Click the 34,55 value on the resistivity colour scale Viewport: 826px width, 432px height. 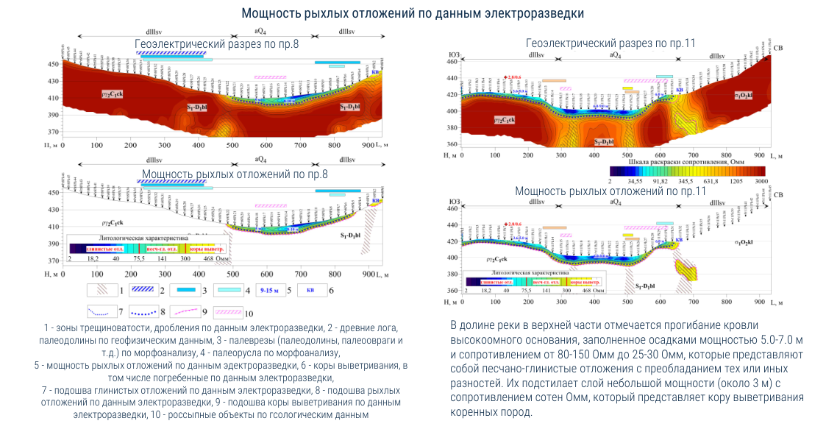tap(635, 180)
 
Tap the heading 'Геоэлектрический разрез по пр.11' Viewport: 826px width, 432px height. tap(610, 43)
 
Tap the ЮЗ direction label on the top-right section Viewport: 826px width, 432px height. tap(454, 54)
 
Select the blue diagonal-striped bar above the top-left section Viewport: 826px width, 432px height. tap(171, 53)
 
